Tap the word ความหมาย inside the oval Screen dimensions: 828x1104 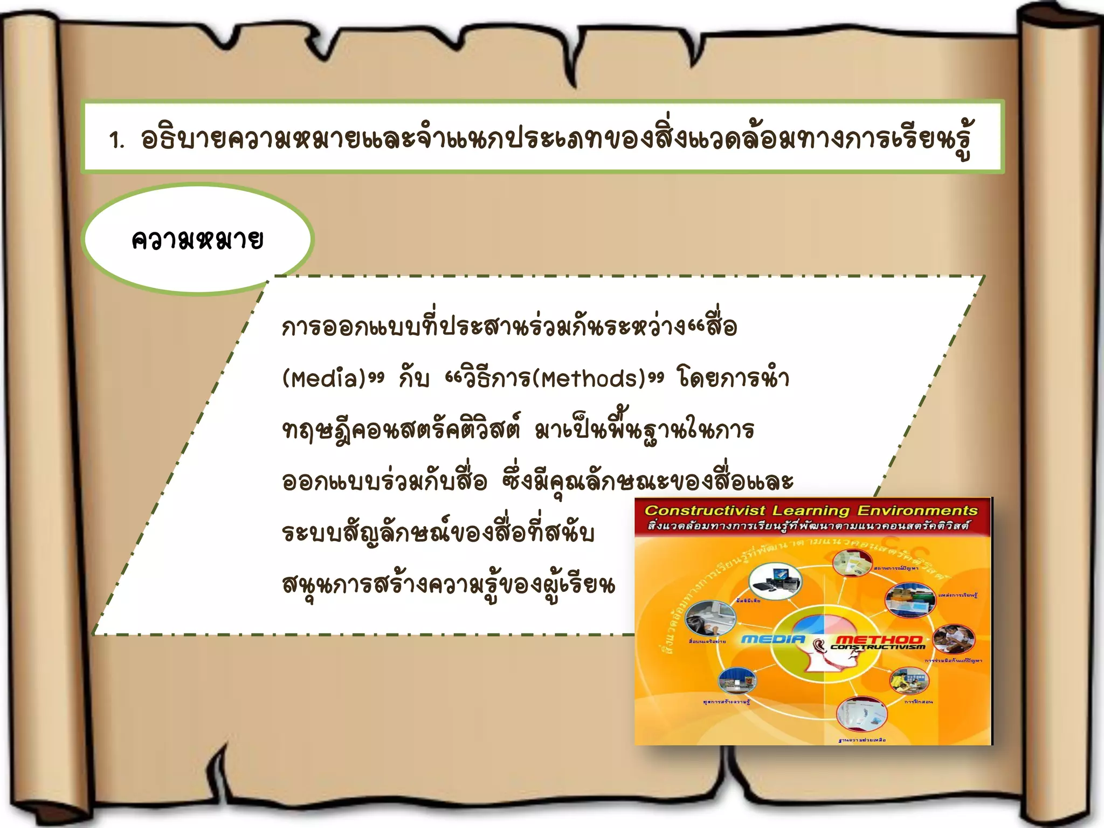point(197,240)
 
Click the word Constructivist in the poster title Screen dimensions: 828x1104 point(705,510)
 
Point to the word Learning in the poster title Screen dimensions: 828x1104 point(811,510)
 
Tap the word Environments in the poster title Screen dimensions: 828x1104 point(917,510)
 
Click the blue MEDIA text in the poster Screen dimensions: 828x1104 point(773,639)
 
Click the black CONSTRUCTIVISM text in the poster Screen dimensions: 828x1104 point(878,647)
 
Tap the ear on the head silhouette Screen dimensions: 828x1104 point(819,646)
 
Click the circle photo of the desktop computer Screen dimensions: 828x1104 point(775,580)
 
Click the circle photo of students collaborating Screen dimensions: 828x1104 point(953,639)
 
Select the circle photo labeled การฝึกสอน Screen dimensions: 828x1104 point(909,680)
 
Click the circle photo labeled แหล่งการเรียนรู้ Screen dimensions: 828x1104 point(909,599)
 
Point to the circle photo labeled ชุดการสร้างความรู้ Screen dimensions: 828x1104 point(737,680)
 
